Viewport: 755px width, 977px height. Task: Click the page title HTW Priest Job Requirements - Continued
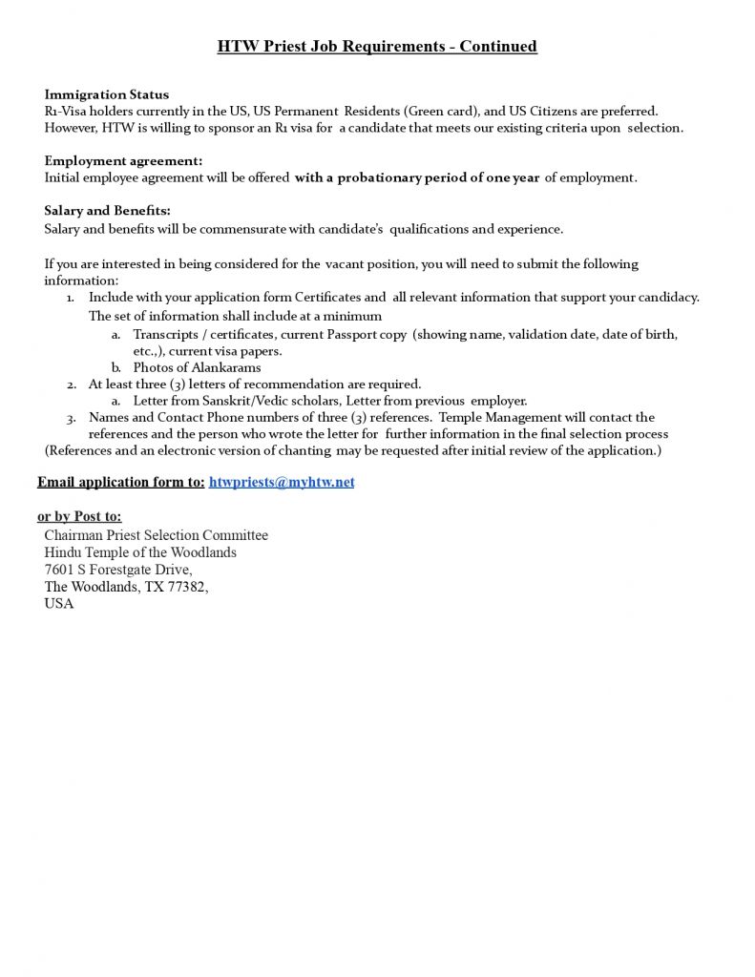(x=377, y=46)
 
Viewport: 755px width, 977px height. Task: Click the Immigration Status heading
(x=107, y=94)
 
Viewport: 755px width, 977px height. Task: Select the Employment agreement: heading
(x=123, y=160)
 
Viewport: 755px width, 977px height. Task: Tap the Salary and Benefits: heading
(x=107, y=211)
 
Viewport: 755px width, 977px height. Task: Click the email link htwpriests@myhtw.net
(x=281, y=483)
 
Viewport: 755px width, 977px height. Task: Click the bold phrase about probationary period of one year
(x=417, y=177)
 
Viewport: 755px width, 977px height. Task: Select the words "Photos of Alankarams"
(x=197, y=367)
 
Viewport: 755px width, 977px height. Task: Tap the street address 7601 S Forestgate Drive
(x=117, y=570)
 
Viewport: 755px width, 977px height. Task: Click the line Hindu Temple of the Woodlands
(x=140, y=552)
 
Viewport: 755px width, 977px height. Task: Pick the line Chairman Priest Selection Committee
(x=156, y=535)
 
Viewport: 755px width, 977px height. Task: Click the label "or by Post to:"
(x=79, y=517)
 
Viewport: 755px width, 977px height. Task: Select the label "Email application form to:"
(x=121, y=483)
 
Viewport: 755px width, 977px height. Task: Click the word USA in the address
(x=59, y=604)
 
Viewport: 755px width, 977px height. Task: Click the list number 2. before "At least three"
(x=72, y=385)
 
